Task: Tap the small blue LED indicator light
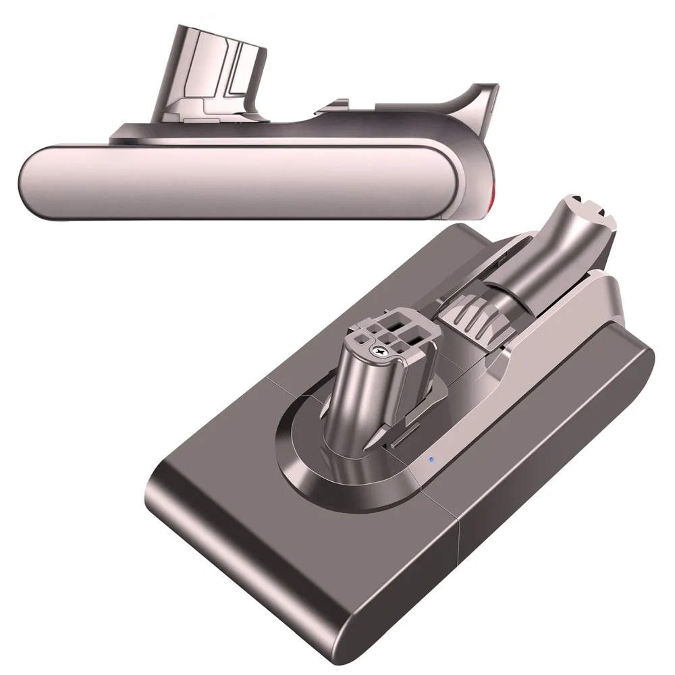(x=431, y=461)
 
